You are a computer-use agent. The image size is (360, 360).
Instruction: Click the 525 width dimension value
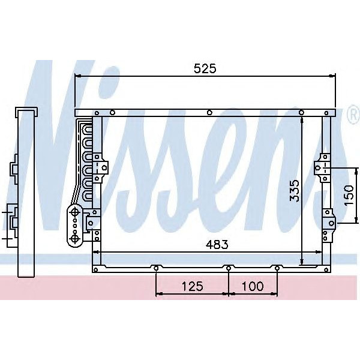pos(205,68)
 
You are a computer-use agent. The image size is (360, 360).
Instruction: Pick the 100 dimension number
pos(253,286)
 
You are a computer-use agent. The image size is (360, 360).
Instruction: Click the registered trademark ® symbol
pos(353,114)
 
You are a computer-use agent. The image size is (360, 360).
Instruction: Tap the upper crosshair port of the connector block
pos(75,211)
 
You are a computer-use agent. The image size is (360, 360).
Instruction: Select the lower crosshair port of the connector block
pos(75,238)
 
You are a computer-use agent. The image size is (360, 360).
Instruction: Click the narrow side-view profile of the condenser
pos(25,192)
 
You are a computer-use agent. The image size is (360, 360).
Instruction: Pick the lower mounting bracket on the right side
pos(328,218)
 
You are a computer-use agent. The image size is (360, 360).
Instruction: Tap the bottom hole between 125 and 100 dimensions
pos(229,268)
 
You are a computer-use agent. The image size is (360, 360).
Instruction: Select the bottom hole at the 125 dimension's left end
pos(156,268)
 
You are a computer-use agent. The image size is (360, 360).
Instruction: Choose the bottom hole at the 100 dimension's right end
pos(277,268)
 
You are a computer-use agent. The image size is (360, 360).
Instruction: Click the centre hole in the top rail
pos(208,112)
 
